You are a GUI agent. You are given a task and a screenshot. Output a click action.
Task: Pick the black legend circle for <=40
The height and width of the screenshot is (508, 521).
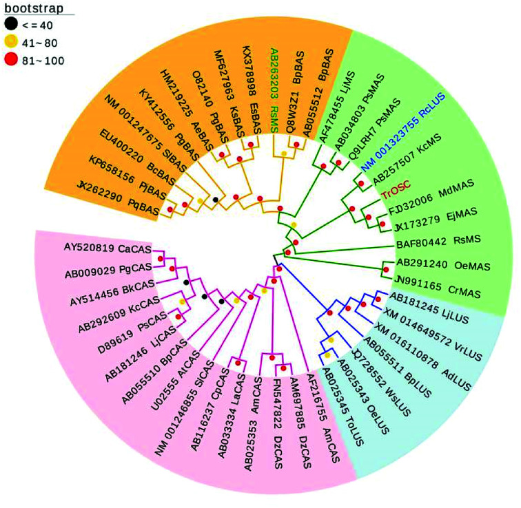click(10, 26)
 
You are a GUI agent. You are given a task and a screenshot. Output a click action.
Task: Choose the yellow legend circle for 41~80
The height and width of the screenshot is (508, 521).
click(10, 43)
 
